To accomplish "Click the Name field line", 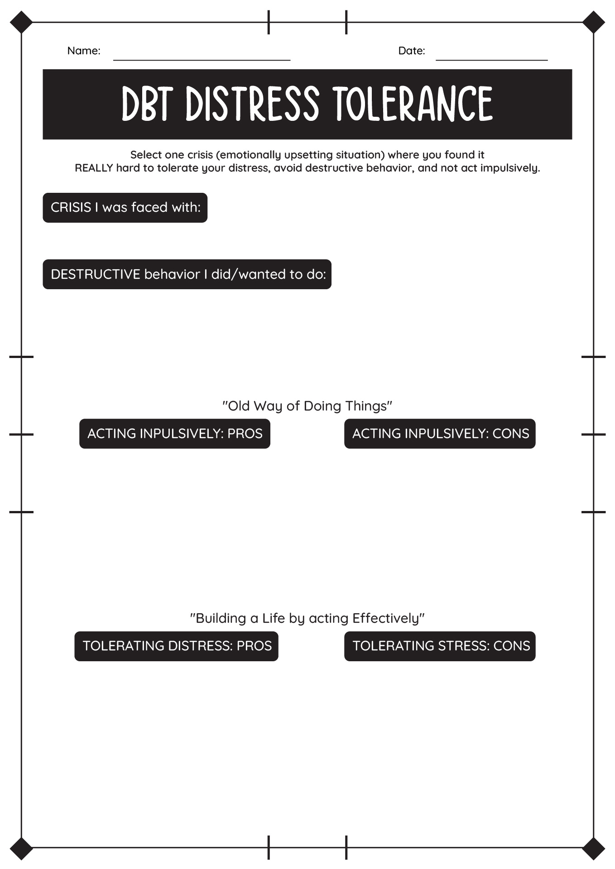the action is [202, 60].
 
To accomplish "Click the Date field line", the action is [491, 60].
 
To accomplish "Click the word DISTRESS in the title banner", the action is [253, 104].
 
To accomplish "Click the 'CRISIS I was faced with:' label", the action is [125, 208].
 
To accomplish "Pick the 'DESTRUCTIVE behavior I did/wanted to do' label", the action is [187, 274].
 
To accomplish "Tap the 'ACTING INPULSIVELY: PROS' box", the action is [175, 434].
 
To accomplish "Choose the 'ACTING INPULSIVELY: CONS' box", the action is [440, 434].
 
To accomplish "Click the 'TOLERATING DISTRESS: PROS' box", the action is [177, 646].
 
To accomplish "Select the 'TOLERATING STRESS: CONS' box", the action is [440, 646].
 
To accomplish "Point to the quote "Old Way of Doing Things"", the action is [307, 406].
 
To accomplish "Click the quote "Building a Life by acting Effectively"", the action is [307, 618].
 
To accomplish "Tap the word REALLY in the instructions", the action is [94, 168].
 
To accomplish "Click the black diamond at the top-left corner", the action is [21, 22].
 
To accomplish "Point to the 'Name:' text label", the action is [84, 51].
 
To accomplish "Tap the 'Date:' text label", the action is [412, 51].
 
